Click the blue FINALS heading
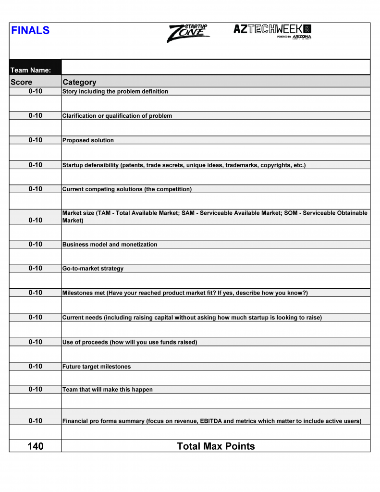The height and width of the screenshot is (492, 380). pos(30,31)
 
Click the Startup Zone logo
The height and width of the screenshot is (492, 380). pos(188,33)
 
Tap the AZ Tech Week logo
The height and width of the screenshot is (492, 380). pos(272,31)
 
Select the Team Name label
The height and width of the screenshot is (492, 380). pos(31,70)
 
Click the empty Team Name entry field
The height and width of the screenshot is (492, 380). pos(216,67)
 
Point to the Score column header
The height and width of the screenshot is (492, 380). pos(22,82)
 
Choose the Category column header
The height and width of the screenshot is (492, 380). pos(79,82)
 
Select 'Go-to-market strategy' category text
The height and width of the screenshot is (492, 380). pos(93,269)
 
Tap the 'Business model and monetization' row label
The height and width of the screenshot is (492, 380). pos(110,245)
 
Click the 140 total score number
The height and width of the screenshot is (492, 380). pos(36,446)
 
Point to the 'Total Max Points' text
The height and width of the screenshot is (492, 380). pos(216,446)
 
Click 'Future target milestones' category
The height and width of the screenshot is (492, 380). pos(97,367)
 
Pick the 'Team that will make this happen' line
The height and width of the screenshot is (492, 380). pos(108,390)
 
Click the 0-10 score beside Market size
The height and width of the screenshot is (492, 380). pos(36,220)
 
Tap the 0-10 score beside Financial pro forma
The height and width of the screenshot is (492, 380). pos(36,421)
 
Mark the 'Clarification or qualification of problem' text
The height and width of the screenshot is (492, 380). pos(117,116)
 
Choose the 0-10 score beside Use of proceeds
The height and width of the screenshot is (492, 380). pos(36,342)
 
